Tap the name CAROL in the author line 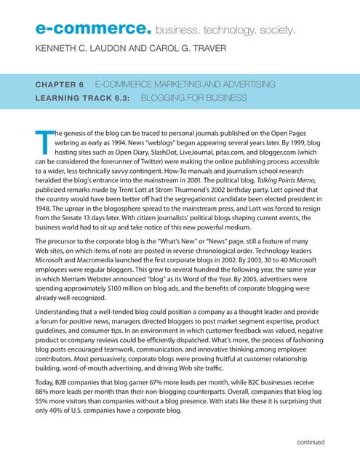pos(160,49)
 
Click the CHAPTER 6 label pos(60,84)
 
